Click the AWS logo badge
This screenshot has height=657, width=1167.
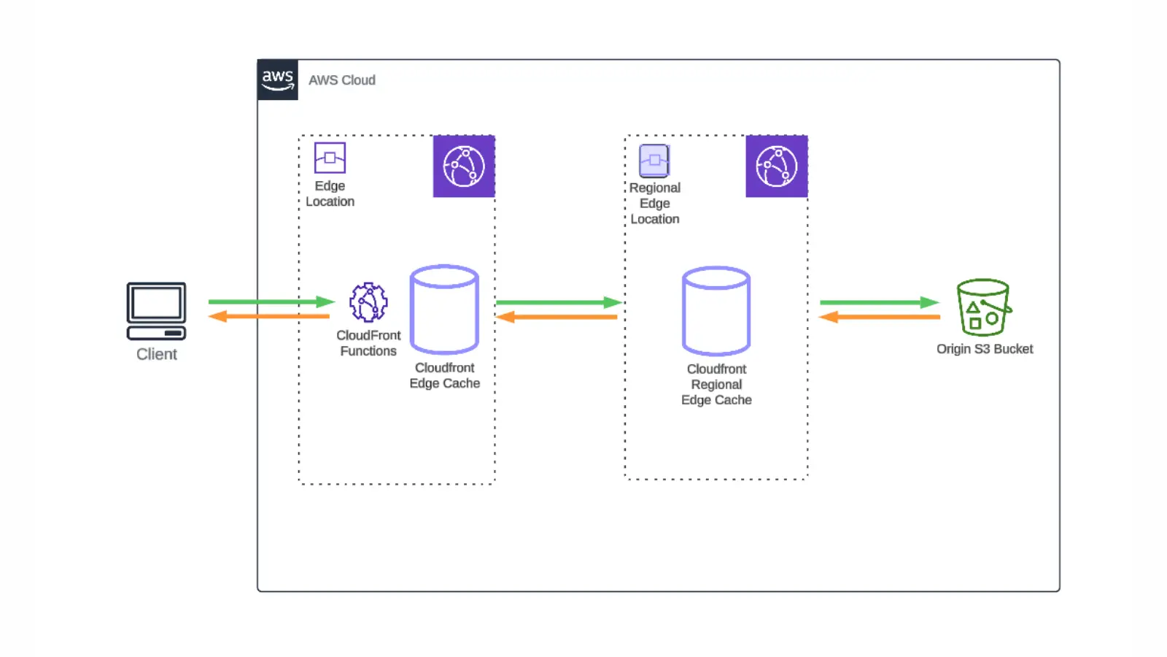click(x=278, y=80)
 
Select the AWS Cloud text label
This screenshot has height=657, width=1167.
click(x=341, y=80)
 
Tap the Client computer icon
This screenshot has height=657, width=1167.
click(x=156, y=311)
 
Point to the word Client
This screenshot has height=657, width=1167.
click(x=157, y=354)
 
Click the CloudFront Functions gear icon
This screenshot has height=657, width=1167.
click(x=368, y=302)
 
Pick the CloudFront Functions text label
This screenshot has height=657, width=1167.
click(x=368, y=343)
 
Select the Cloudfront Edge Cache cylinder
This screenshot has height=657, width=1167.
click(x=444, y=310)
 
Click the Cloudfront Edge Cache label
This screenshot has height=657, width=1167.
click(x=444, y=375)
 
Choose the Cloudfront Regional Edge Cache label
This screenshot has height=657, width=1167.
click(x=716, y=385)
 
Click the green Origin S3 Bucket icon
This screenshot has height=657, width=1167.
click(x=983, y=307)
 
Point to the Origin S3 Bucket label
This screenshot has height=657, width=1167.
click(x=985, y=349)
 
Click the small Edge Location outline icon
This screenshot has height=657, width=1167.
click(x=330, y=158)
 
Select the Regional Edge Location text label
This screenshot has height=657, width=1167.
click(x=655, y=204)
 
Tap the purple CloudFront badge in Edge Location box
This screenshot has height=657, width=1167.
click(x=464, y=166)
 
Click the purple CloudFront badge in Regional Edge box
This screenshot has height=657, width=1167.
click(x=776, y=166)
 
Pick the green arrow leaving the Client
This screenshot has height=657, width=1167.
click(x=271, y=301)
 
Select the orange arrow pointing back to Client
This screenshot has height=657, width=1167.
click(x=269, y=316)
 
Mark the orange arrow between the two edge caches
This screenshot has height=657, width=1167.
click(x=557, y=317)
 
